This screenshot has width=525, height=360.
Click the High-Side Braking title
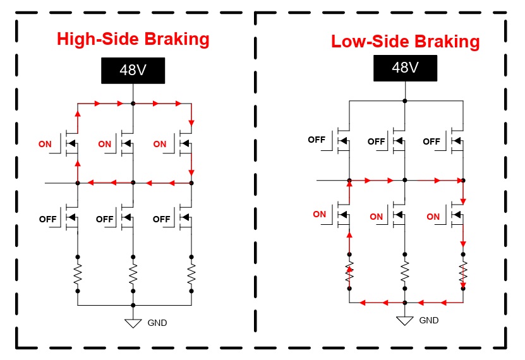coord(133,39)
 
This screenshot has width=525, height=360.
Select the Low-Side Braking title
coord(405,42)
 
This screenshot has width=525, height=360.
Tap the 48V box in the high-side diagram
coord(133,70)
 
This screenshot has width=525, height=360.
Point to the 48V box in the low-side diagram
coord(405,68)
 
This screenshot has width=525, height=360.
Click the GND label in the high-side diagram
coord(157,323)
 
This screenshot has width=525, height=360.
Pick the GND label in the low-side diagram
coord(428,320)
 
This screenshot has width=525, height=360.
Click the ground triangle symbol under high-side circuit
coord(133,323)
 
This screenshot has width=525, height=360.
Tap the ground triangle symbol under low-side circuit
coord(404,321)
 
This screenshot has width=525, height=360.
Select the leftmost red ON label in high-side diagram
coord(45,144)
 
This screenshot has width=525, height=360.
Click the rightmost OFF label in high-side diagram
coord(161,219)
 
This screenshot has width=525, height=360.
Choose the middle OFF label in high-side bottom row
coord(104,219)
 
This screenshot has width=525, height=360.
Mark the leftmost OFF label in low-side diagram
coord(317,140)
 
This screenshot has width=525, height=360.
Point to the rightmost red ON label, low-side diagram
coord(433,217)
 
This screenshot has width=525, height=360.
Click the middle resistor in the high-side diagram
coord(133,274)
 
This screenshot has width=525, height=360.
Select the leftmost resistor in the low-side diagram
coord(349,272)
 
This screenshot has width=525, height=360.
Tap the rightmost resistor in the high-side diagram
coord(191,274)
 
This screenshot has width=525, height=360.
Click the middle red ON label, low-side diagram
coord(376,217)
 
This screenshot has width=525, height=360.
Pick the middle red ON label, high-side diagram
coord(104,144)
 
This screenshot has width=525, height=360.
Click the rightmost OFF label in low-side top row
coord(431,141)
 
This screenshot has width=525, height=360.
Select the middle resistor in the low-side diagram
coord(404,272)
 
